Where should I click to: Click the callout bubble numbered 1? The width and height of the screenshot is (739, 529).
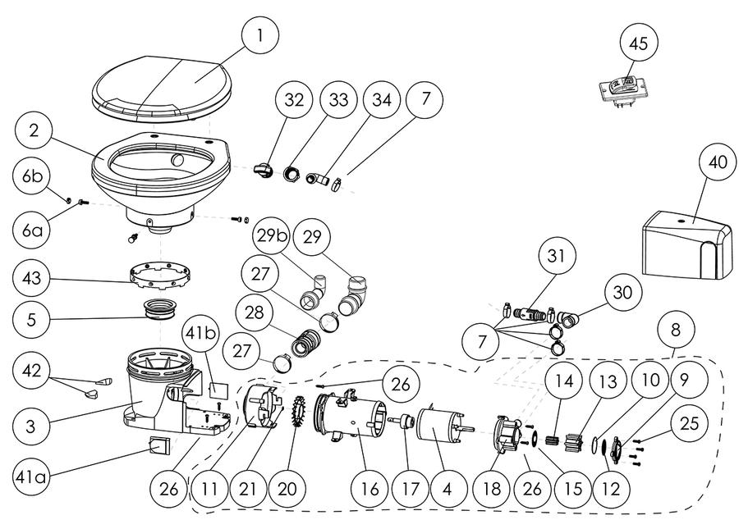[x=259, y=34]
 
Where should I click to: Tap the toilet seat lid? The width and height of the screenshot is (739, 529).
[x=162, y=89]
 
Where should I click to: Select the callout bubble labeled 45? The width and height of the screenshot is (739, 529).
[x=639, y=43]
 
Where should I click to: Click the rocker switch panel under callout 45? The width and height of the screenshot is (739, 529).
[x=622, y=89]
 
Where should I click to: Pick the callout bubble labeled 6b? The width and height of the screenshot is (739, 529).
[x=31, y=176]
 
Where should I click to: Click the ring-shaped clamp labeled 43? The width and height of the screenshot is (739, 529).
[x=159, y=275]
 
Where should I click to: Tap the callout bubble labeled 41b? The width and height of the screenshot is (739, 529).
[x=200, y=334]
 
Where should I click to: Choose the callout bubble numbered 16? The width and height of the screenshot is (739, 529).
[x=369, y=489]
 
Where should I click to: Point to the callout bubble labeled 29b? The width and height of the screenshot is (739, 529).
[x=273, y=236]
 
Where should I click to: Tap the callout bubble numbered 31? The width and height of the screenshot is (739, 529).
[x=556, y=256]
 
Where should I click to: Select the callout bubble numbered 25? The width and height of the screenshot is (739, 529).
[x=689, y=423]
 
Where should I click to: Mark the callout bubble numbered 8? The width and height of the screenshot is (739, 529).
[x=676, y=330]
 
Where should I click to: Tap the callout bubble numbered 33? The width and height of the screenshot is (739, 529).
[x=338, y=100]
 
